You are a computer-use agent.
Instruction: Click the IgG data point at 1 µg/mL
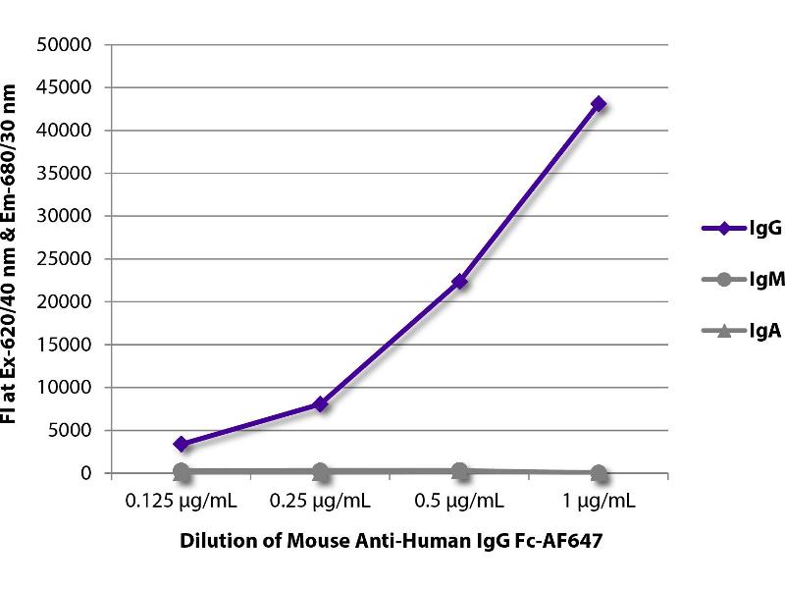click(599, 104)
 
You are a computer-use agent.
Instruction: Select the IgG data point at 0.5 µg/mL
click(459, 282)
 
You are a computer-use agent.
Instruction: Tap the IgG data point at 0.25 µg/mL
click(320, 403)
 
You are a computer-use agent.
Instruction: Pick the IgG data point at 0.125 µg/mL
click(181, 444)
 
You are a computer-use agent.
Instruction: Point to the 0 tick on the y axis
click(85, 473)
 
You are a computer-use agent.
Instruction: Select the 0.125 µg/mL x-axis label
click(181, 502)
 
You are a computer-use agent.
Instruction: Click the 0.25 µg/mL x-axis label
click(320, 502)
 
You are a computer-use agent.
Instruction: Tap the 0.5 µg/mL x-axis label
click(459, 502)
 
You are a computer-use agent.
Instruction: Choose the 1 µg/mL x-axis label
click(599, 502)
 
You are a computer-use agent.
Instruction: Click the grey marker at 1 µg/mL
click(599, 472)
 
